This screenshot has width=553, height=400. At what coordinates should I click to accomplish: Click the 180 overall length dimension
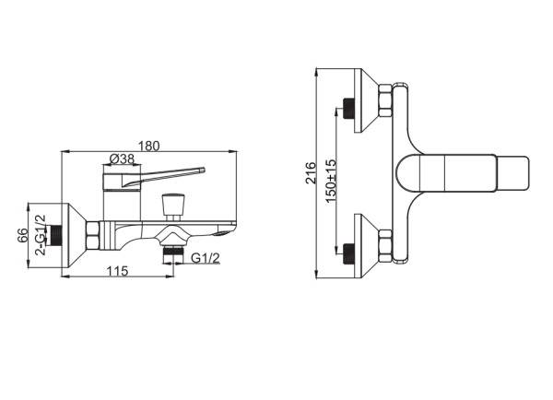point(148,146)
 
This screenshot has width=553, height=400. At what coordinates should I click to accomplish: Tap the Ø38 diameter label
point(122,159)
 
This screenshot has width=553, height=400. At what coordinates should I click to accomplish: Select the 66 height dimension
point(22,235)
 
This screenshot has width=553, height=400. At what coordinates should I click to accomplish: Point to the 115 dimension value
point(117,271)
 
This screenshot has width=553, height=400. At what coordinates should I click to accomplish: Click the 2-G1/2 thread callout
point(41,235)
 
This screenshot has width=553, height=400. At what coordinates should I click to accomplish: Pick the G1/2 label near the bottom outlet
point(206,258)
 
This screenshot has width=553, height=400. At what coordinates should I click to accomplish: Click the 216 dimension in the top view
point(312,173)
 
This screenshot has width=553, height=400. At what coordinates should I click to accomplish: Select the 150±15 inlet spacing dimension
point(331,182)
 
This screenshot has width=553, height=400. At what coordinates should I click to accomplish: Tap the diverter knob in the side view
point(172,206)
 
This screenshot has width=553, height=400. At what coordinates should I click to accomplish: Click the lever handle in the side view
point(154,179)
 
